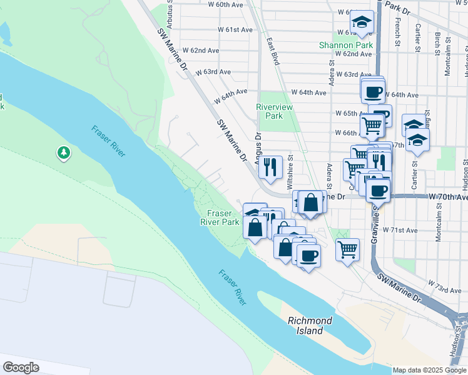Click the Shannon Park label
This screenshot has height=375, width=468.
(x=346, y=45)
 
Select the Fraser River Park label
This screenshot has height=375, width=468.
(x=220, y=217)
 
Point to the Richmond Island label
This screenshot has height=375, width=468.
(x=310, y=325)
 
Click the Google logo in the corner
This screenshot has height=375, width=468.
(x=21, y=367)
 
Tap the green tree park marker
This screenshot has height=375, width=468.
(x=63, y=152)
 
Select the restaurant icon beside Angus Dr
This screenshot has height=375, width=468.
(x=270, y=166)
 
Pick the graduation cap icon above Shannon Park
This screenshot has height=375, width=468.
(x=361, y=22)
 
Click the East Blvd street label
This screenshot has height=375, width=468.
(x=272, y=51)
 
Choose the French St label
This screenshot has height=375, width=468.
(x=397, y=32)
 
